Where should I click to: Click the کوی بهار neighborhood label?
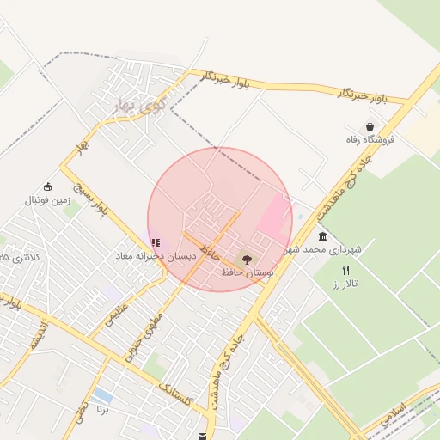coord(132,106)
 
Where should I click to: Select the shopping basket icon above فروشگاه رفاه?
coord(370,125)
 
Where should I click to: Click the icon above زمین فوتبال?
coord(47,186)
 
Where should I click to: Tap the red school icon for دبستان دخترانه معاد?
coord(155,243)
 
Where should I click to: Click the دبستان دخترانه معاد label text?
coord(156,256)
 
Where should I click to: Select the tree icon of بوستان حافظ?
coord(247,259)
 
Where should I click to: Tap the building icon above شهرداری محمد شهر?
coord(322,236)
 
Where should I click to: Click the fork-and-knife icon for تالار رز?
coord(345,270)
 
